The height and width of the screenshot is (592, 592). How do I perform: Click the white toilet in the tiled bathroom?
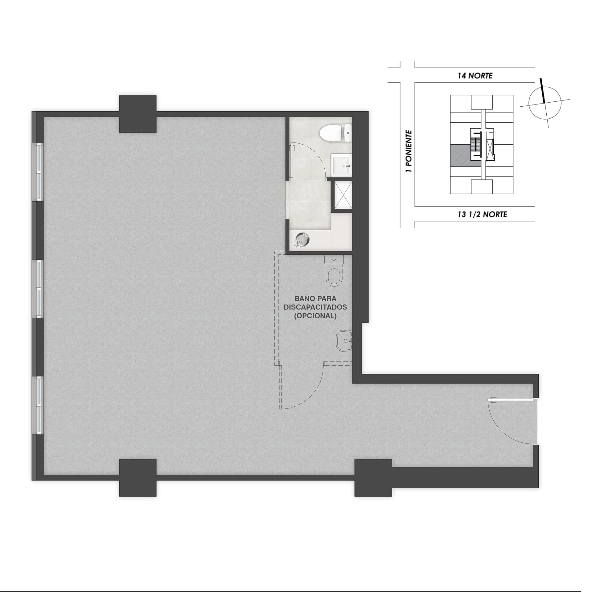(x=335, y=133)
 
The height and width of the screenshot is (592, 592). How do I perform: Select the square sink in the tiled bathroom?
(x=342, y=166)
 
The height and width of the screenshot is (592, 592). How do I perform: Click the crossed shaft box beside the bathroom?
(x=342, y=195)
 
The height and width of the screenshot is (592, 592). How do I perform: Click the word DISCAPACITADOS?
(x=315, y=307)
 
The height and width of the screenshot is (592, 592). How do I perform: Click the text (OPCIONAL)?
(x=315, y=316)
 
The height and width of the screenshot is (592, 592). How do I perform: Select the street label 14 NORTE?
(x=475, y=76)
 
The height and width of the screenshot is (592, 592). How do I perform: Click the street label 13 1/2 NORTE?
(x=482, y=214)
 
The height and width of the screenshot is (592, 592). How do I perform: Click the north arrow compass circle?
(x=545, y=103)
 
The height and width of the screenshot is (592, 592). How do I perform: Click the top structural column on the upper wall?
(x=138, y=114)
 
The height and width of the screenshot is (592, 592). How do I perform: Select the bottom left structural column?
(x=138, y=478)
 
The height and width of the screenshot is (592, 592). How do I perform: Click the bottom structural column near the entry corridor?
(x=373, y=478)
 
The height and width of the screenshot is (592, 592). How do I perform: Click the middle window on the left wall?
(x=39, y=289)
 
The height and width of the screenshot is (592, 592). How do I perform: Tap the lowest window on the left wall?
(x=39, y=405)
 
